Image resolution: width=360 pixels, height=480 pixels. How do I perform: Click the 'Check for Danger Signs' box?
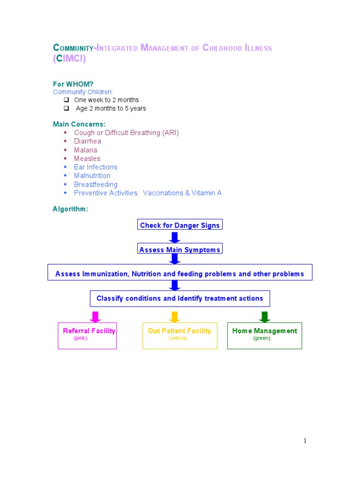tap(180, 225)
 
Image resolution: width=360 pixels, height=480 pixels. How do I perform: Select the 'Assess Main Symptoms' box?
tap(180, 250)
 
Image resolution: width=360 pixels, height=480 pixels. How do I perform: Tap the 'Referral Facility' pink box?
tap(87, 336)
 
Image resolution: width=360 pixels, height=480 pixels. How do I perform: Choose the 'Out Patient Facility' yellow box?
tap(180, 336)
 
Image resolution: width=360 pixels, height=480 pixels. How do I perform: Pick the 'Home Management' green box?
tap(264, 336)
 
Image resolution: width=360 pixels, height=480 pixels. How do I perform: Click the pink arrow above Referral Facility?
tap(95, 317)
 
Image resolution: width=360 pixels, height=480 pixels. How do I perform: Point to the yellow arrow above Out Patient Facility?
tap(174, 317)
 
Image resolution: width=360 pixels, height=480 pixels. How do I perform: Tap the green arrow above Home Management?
tap(264, 317)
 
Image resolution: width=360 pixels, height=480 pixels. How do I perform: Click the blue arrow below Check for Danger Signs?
tap(175, 237)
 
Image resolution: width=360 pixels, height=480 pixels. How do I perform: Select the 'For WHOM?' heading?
tap(73, 84)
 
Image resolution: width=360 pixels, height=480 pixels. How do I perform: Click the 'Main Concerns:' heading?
tap(79, 124)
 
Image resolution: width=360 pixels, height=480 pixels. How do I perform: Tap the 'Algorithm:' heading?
tap(70, 209)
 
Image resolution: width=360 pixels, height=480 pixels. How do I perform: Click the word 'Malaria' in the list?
tap(85, 150)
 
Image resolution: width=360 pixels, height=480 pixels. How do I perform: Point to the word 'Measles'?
tap(87, 158)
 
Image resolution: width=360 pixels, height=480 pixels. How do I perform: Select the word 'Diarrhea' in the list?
tap(87, 141)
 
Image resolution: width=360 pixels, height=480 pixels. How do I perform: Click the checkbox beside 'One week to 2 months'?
tap(66, 100)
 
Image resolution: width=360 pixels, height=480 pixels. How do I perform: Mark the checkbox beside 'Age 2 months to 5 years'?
tap(66, 108)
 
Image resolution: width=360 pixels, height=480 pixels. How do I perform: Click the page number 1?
tap(304, 441)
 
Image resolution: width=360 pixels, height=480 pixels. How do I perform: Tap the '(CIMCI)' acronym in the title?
tap(69, 59)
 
